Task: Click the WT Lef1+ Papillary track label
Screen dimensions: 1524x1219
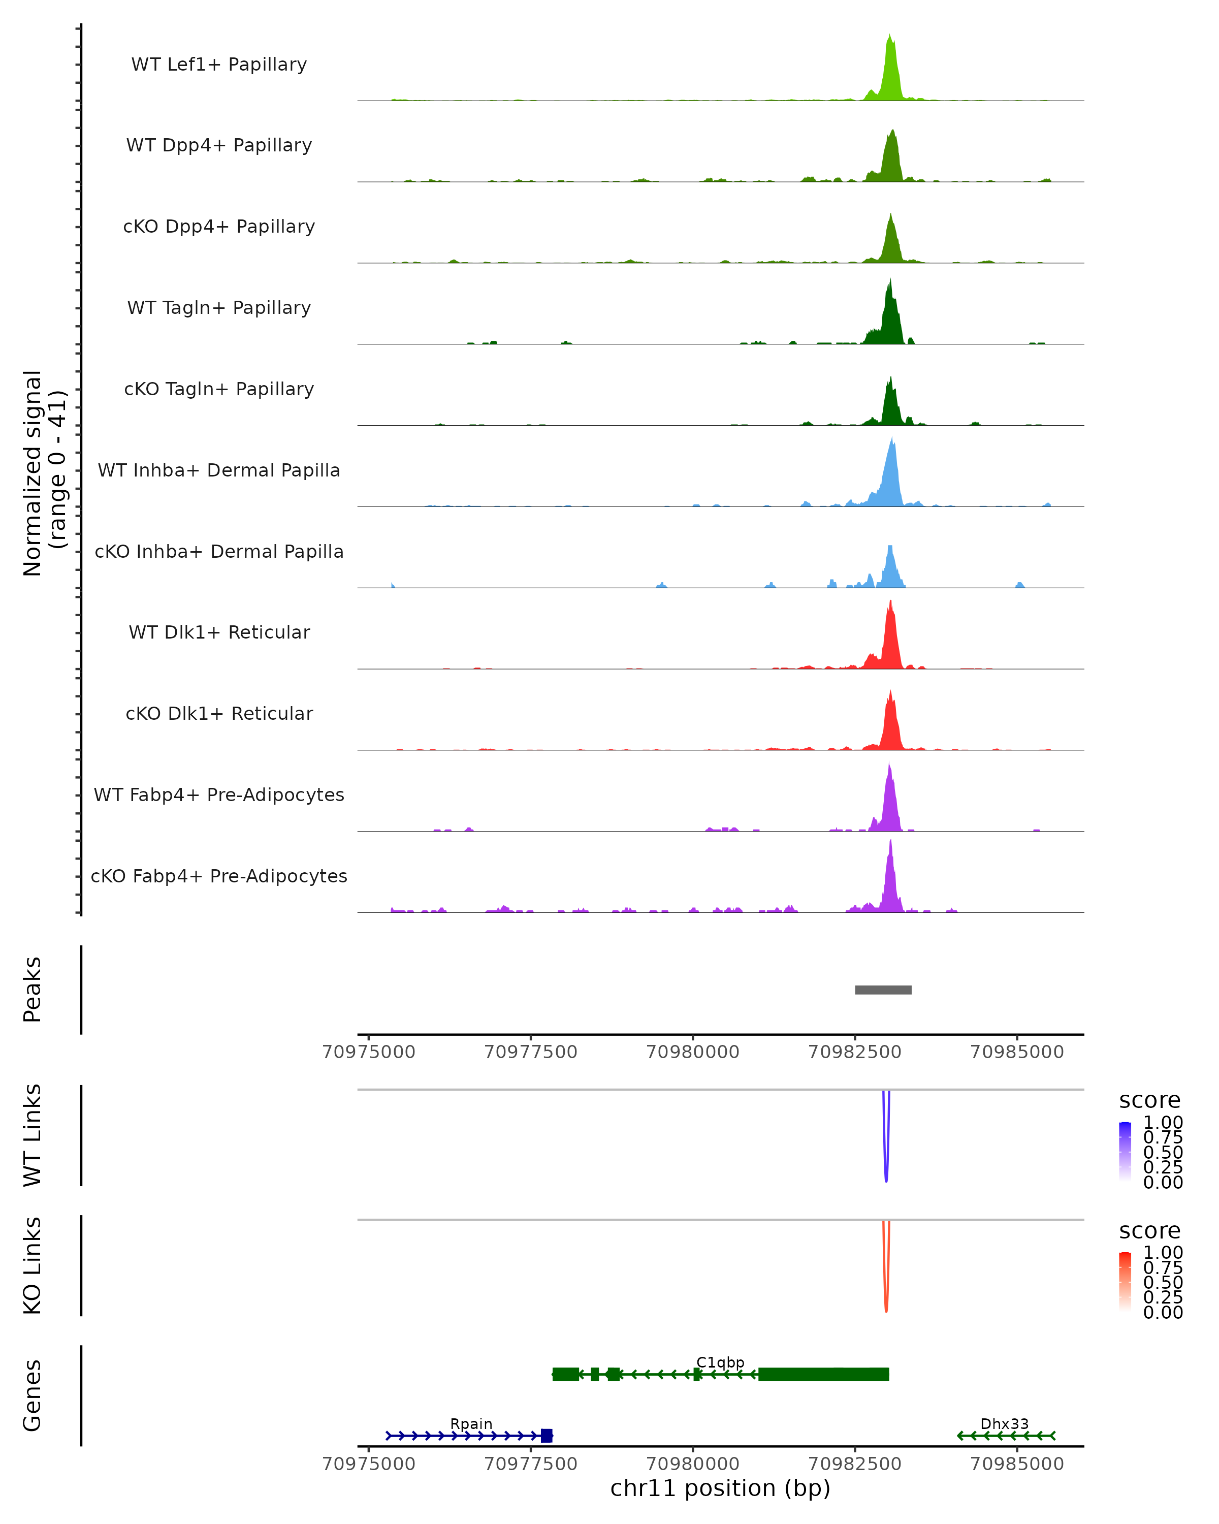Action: tap(219, 65)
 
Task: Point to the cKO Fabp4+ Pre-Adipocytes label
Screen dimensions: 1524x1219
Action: tap(219, 876)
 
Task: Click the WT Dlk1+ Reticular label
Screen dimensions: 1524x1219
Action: tap(219, 632)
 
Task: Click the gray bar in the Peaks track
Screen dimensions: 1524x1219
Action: tap(883, 990)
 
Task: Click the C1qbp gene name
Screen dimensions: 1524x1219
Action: tap(720, 1362)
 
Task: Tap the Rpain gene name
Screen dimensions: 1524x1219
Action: tap(471, 1423)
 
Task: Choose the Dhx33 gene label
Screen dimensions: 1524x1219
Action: tap(1004, 1423)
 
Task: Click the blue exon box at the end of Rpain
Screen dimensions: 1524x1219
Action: tap(546, 1436)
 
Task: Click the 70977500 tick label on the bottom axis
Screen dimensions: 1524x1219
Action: tap(531, 1464)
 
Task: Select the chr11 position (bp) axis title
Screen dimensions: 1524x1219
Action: tap(720, 1488)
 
